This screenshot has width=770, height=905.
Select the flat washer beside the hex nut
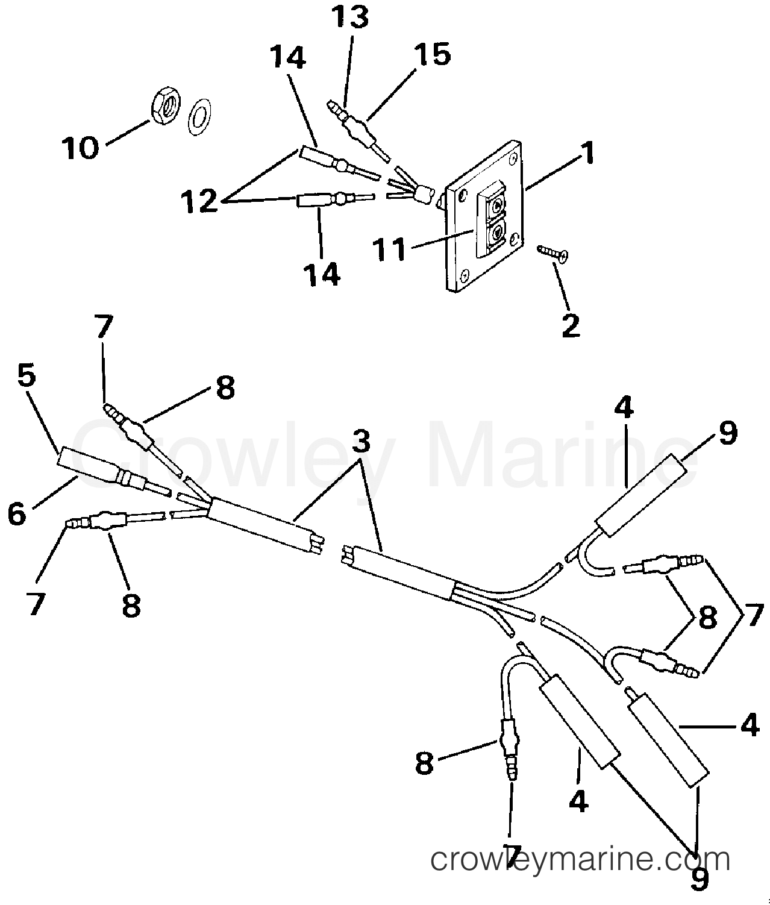[199, 117]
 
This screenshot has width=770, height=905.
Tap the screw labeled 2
[552, 253]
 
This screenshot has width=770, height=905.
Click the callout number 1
[588, 152]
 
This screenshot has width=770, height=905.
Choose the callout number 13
[349, 17]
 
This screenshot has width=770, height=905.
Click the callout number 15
[433, 54]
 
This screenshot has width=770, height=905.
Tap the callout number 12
[199, 201]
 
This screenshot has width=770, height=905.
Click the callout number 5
[27, 375]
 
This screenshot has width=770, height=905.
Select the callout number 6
[17, 514]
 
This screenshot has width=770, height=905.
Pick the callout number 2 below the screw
[571, 325]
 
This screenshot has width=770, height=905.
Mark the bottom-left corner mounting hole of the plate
[465, 274]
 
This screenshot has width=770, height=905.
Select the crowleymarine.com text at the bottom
[580, 859]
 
